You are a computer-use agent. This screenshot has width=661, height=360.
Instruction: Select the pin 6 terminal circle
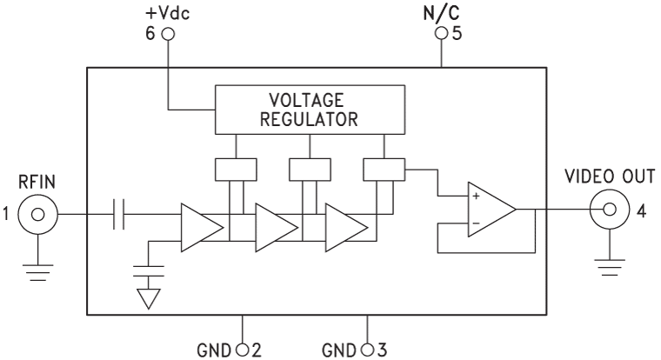(169, 35)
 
